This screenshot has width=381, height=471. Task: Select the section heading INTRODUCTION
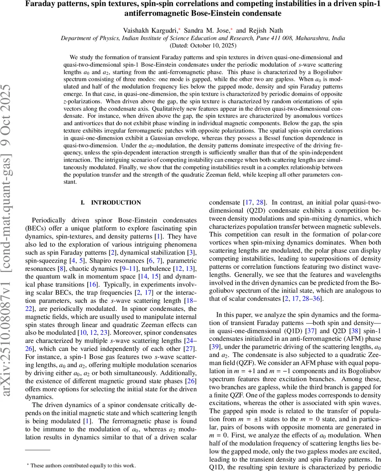click(116, 203)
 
